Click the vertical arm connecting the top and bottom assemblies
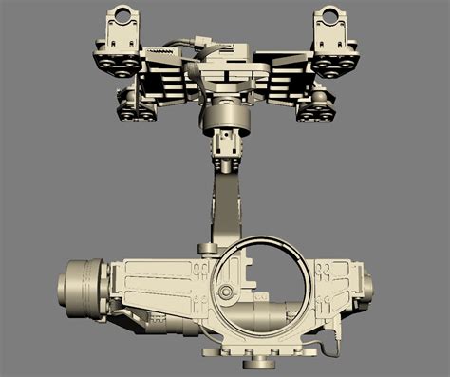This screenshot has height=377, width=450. point(227,204)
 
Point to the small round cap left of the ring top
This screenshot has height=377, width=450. point(206,249)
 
